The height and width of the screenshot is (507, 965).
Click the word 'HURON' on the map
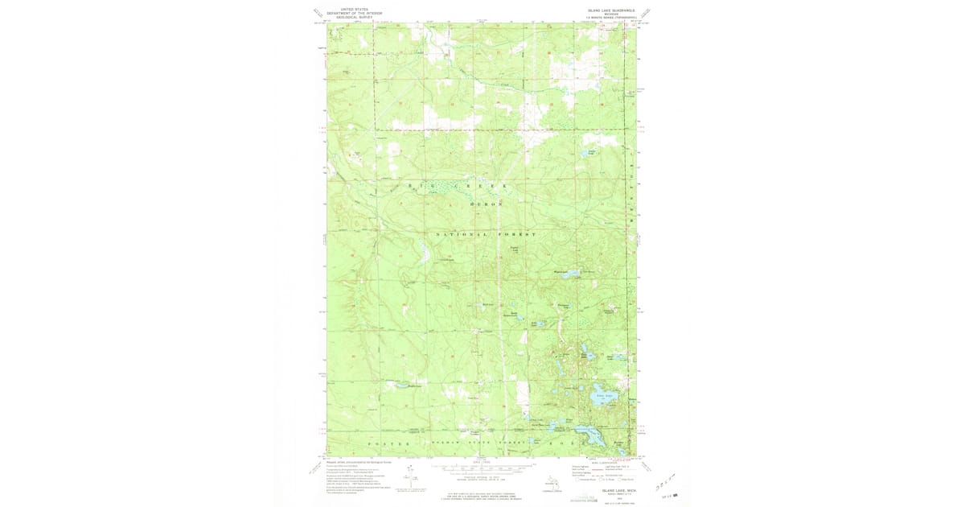(485, 204)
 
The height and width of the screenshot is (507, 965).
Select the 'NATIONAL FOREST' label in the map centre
(485, 234)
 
